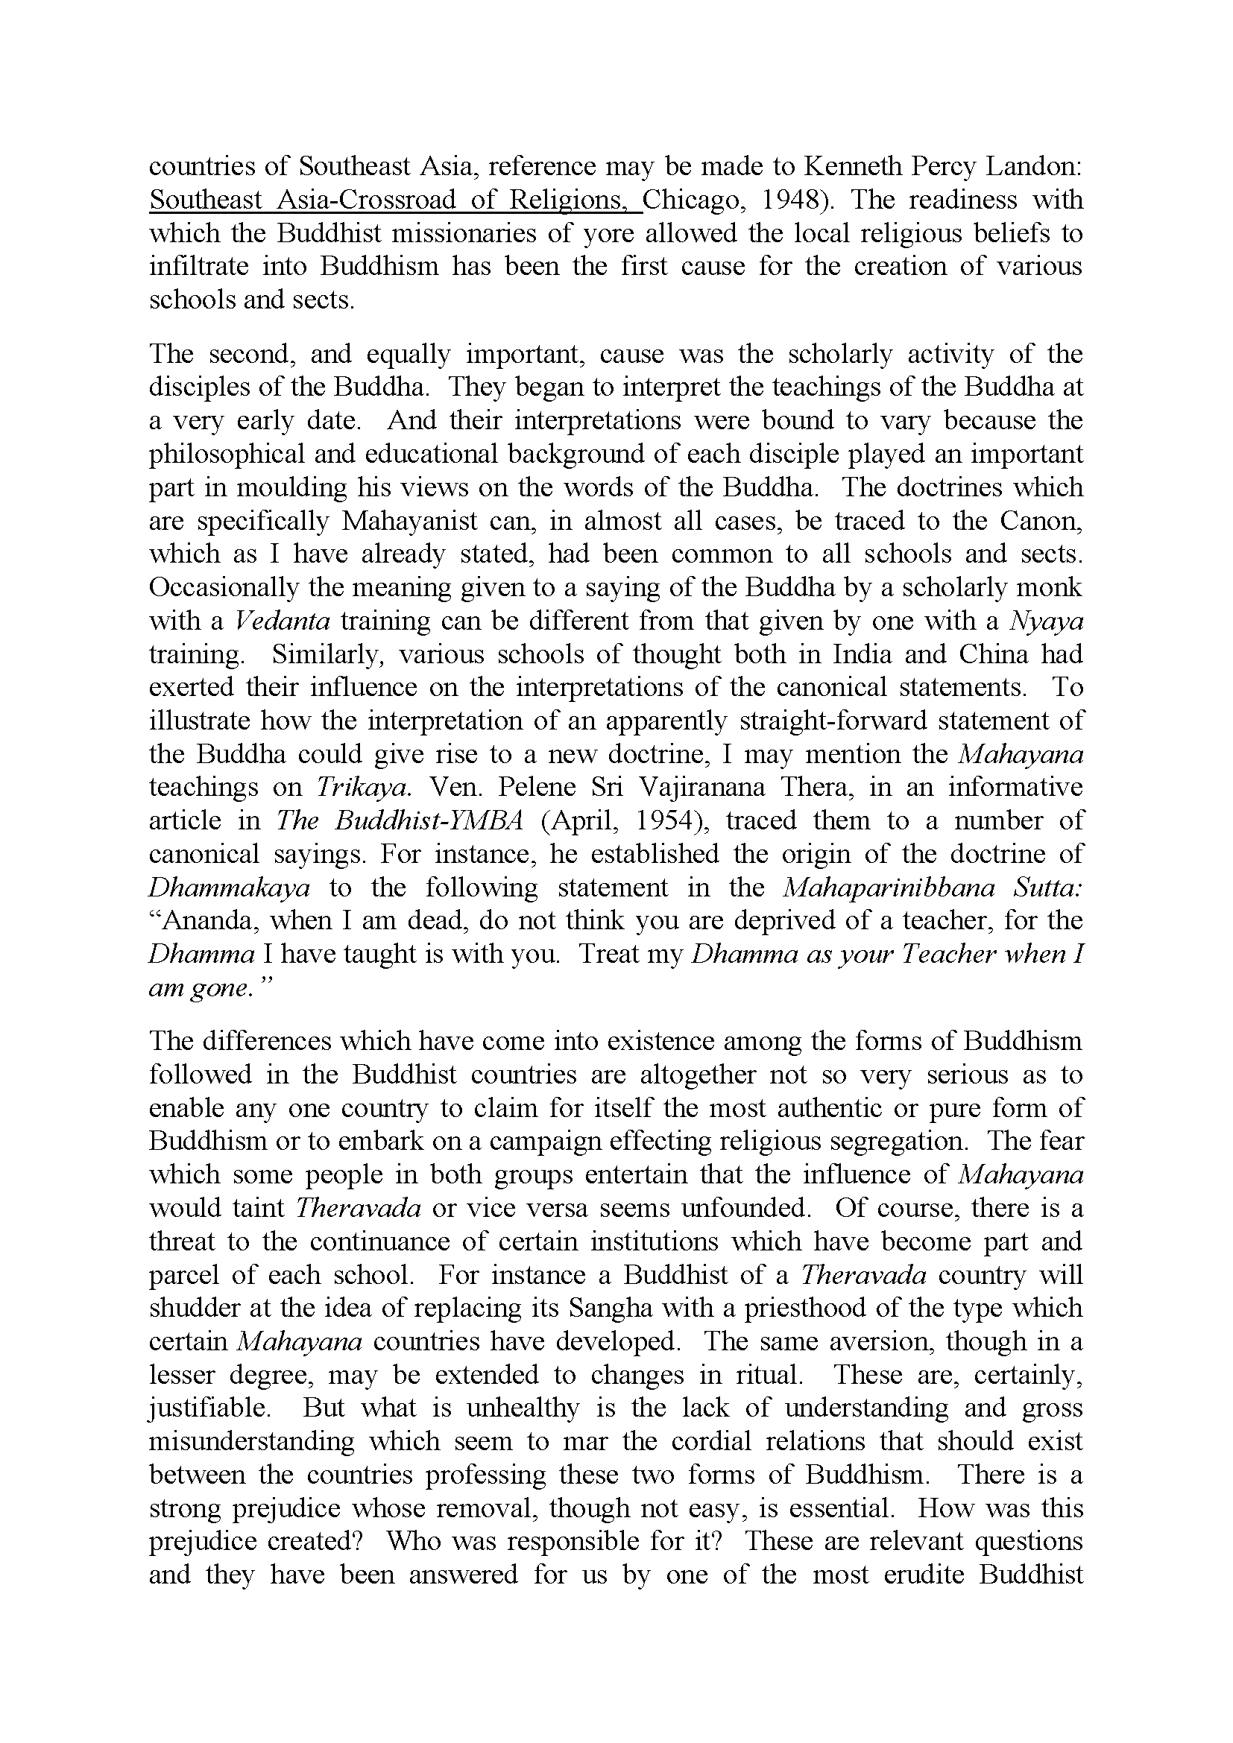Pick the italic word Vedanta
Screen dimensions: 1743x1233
tap(281, 621)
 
